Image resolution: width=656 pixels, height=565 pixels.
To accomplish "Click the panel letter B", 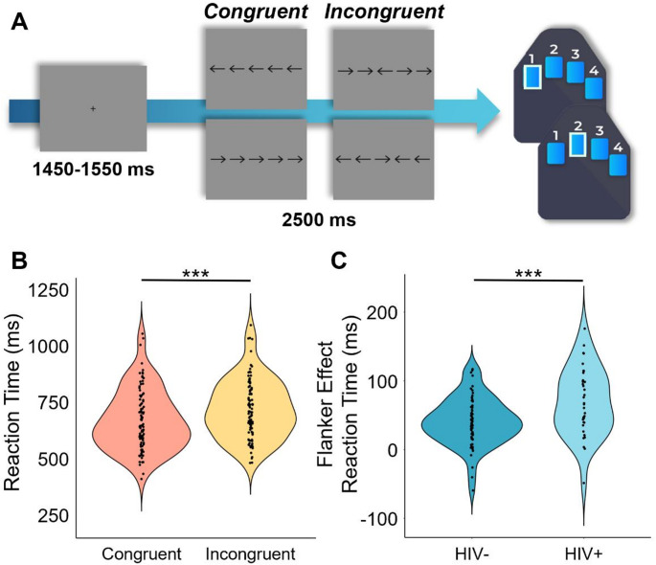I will coord(17,260).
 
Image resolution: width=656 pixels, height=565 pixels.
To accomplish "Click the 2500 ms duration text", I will coord(318,219).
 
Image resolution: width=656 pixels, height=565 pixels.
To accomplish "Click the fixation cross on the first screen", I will coord(92,108).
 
